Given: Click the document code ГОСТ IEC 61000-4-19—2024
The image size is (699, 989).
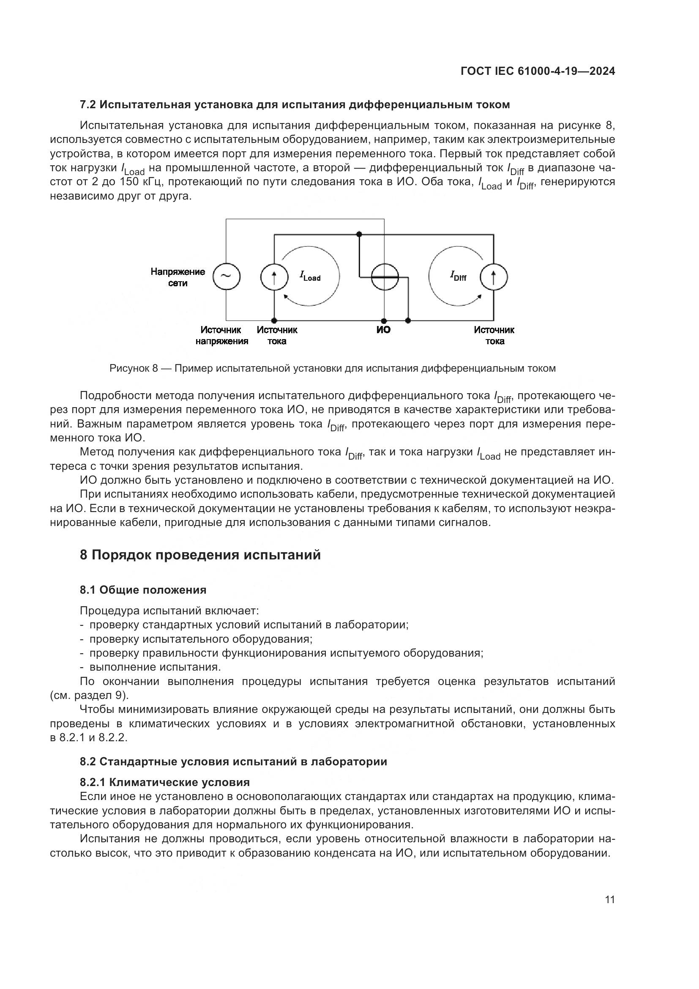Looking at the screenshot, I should pyautogui.click(x=537, y=71).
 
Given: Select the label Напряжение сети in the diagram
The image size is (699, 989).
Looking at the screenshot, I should pyautogui.click(x=178, y=277).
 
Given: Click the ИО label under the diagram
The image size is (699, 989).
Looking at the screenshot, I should pyautogui.click(x=383, y=330).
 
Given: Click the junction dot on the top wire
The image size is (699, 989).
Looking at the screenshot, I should pyautogui.click(x=359, y=234).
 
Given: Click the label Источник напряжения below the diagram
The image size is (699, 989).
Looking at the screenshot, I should pyautogui.click(x=222, y=336).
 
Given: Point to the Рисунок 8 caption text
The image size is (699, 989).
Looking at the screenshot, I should pyautogui.click(x=332, y=368).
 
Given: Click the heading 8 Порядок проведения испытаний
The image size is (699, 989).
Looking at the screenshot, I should pyautogui.click(x=200, y=555).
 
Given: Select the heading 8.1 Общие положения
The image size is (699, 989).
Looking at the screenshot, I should pyautogui.click(x=143, y=590).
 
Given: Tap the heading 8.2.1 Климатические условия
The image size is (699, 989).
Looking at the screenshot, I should pyautogui.click(x=164, y=782).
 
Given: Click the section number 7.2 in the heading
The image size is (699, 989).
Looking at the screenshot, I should pyautogui.click(x=89, y=104).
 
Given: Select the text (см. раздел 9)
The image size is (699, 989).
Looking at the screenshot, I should pyautogui.click(x=89, y=696).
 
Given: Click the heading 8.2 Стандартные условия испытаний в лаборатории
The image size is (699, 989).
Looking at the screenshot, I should pyautogui.click(x=233, y=762).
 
